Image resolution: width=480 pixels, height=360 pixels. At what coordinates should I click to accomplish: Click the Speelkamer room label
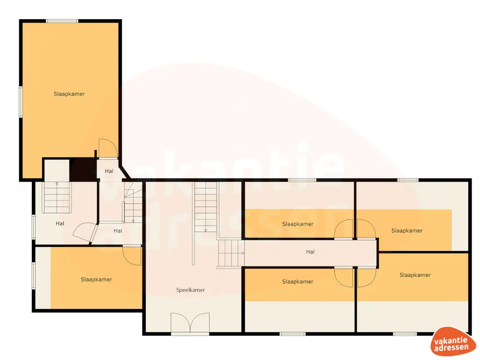click(190, 290)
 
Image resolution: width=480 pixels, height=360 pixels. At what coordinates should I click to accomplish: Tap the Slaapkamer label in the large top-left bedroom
click(69, 94)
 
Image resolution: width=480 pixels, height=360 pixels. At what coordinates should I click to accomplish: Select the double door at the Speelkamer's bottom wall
click(190, 323)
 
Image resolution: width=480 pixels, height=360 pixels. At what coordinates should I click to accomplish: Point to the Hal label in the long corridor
click(310, 252)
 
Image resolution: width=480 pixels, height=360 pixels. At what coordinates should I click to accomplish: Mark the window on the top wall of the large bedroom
click(62, 21)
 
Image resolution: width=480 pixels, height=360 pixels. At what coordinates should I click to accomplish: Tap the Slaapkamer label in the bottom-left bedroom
click(96, 279)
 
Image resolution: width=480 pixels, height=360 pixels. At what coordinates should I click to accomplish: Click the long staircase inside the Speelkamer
click(206, 206)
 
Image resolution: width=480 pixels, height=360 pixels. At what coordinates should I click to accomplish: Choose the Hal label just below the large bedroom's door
click(109, 171)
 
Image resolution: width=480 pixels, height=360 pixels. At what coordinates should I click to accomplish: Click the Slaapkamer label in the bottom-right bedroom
click(415, 275)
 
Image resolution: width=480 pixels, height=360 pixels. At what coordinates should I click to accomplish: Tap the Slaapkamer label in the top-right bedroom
click(407, 230)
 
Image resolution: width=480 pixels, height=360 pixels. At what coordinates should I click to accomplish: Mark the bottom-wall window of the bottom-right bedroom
click(405, 334)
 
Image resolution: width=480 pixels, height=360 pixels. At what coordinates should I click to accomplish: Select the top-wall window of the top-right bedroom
click(408, 180)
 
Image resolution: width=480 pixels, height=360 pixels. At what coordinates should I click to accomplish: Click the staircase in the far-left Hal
click(57, 197)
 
